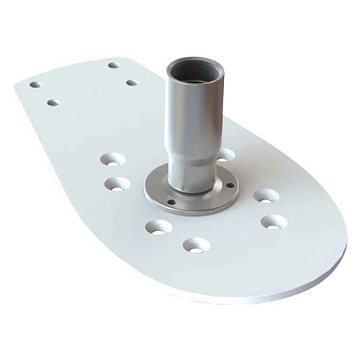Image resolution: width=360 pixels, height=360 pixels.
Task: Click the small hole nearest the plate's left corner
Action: click(x=35, y=84)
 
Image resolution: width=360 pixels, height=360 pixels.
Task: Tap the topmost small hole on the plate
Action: click(x=113, y=66)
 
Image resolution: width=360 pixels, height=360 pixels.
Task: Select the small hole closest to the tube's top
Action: click(x=132, y=83)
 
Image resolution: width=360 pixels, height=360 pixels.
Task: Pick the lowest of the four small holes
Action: click(x=53, y=103)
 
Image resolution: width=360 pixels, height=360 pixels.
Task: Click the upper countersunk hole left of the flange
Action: click(x=111, y=157)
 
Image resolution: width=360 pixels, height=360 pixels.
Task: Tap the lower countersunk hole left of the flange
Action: click(x=117, y=184)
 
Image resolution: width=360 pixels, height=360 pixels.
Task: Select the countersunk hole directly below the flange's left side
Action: click(x=157, y=228)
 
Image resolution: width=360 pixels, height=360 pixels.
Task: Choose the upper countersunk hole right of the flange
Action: click(x=266, y=196)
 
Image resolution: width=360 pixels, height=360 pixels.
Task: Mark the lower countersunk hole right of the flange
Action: click(x=273, y=221)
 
